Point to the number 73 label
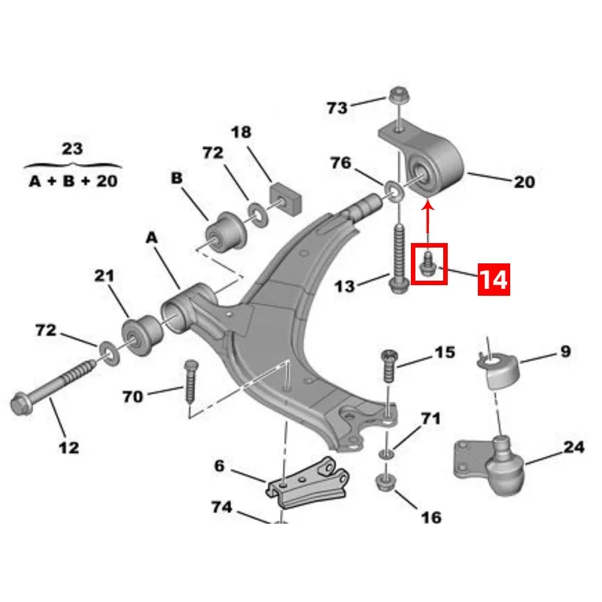click(337, 108)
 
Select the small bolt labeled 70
click(189, 382)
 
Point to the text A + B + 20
click(72, 181)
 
